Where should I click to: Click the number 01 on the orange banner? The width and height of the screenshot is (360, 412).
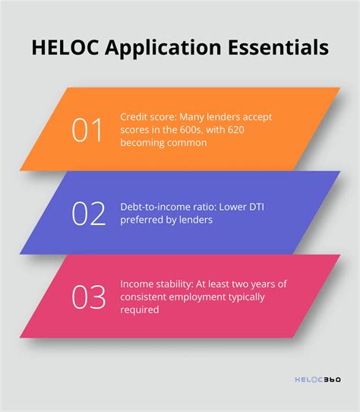click(87, 130)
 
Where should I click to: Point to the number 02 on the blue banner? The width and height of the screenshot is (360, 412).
click(87, 213)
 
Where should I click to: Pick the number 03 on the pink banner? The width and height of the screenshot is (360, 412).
click(87, 296)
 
